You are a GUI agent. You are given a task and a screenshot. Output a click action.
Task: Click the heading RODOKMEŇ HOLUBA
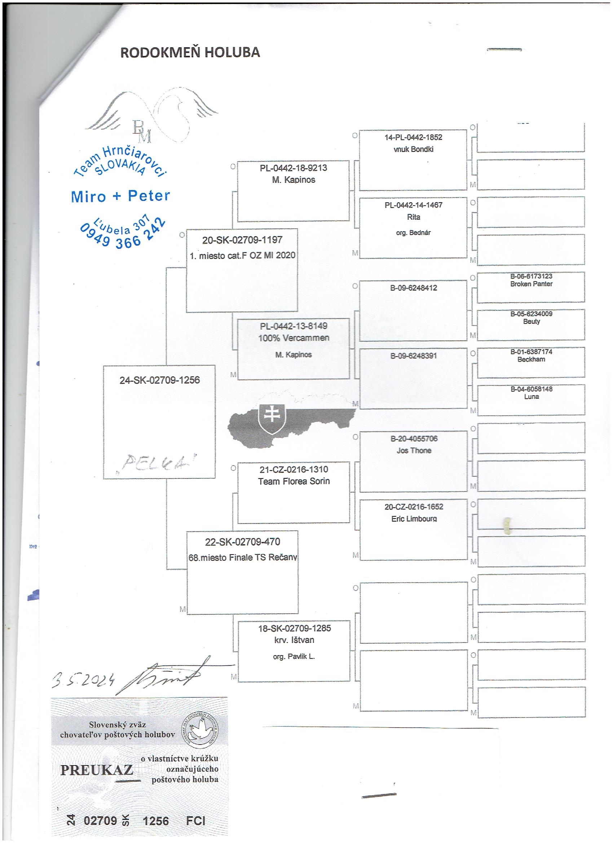click(x=190, y=53)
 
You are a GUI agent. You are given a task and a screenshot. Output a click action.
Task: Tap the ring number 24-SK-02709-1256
click(x=159, y=380)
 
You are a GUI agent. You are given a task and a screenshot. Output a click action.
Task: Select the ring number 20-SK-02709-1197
click(x=242, y=240)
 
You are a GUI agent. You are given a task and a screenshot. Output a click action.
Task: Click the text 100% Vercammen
click(x=294, y=338)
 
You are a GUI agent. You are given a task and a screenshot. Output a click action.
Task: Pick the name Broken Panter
click(x=531, y=284)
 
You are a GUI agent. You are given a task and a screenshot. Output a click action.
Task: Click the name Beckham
click(x=531, y=359)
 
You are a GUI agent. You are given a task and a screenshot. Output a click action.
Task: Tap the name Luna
click(x=531, y=397)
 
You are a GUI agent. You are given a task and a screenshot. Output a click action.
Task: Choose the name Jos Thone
click(x=414, y=450)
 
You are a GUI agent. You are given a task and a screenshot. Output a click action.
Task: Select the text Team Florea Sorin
click(x=294, y=481)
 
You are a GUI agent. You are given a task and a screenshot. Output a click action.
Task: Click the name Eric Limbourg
click(x=414, y=519)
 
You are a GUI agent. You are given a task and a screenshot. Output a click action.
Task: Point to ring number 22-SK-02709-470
click(x=242, y=542)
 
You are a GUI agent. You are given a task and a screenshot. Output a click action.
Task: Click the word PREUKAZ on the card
click(x=97, y=767)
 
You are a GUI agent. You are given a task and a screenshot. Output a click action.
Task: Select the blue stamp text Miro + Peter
click(x=120, y=196)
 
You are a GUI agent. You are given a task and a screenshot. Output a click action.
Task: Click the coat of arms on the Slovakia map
click(x=273, y=419)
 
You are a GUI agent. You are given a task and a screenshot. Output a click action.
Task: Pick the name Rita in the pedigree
click(x=413, y=217)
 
